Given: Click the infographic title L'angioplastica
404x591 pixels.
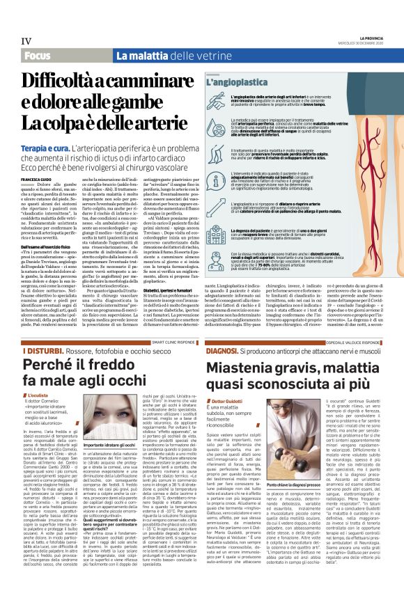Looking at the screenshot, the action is [233, 82].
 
